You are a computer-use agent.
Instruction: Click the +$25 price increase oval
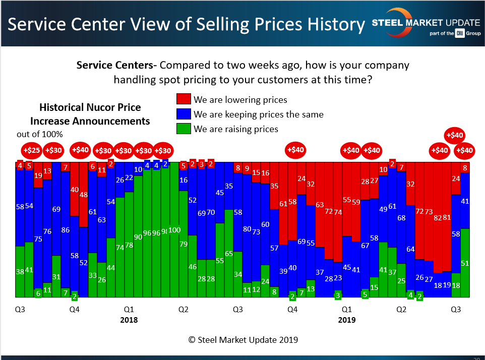point(32,150)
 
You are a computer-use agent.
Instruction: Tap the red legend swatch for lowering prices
point(183,99)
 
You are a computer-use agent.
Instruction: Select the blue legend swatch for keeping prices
point(183,114)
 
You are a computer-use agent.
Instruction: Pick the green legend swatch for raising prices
point(183,129)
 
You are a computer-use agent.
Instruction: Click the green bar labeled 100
point(174,229)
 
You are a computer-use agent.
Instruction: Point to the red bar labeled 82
point(437,217)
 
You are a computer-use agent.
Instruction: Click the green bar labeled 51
point(464,263)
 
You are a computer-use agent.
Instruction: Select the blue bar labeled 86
point(65,229)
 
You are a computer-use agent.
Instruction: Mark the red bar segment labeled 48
point(83,194)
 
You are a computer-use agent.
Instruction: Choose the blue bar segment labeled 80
point(247,228)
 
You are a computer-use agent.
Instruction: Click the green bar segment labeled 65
point(228,253)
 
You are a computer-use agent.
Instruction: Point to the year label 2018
point(129,320)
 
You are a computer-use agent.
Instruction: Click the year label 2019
point(347,320)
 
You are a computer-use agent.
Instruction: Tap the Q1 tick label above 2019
point(347,309)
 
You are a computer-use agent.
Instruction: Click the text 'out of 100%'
point(40,134)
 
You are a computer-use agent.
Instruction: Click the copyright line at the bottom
point(243,340)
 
